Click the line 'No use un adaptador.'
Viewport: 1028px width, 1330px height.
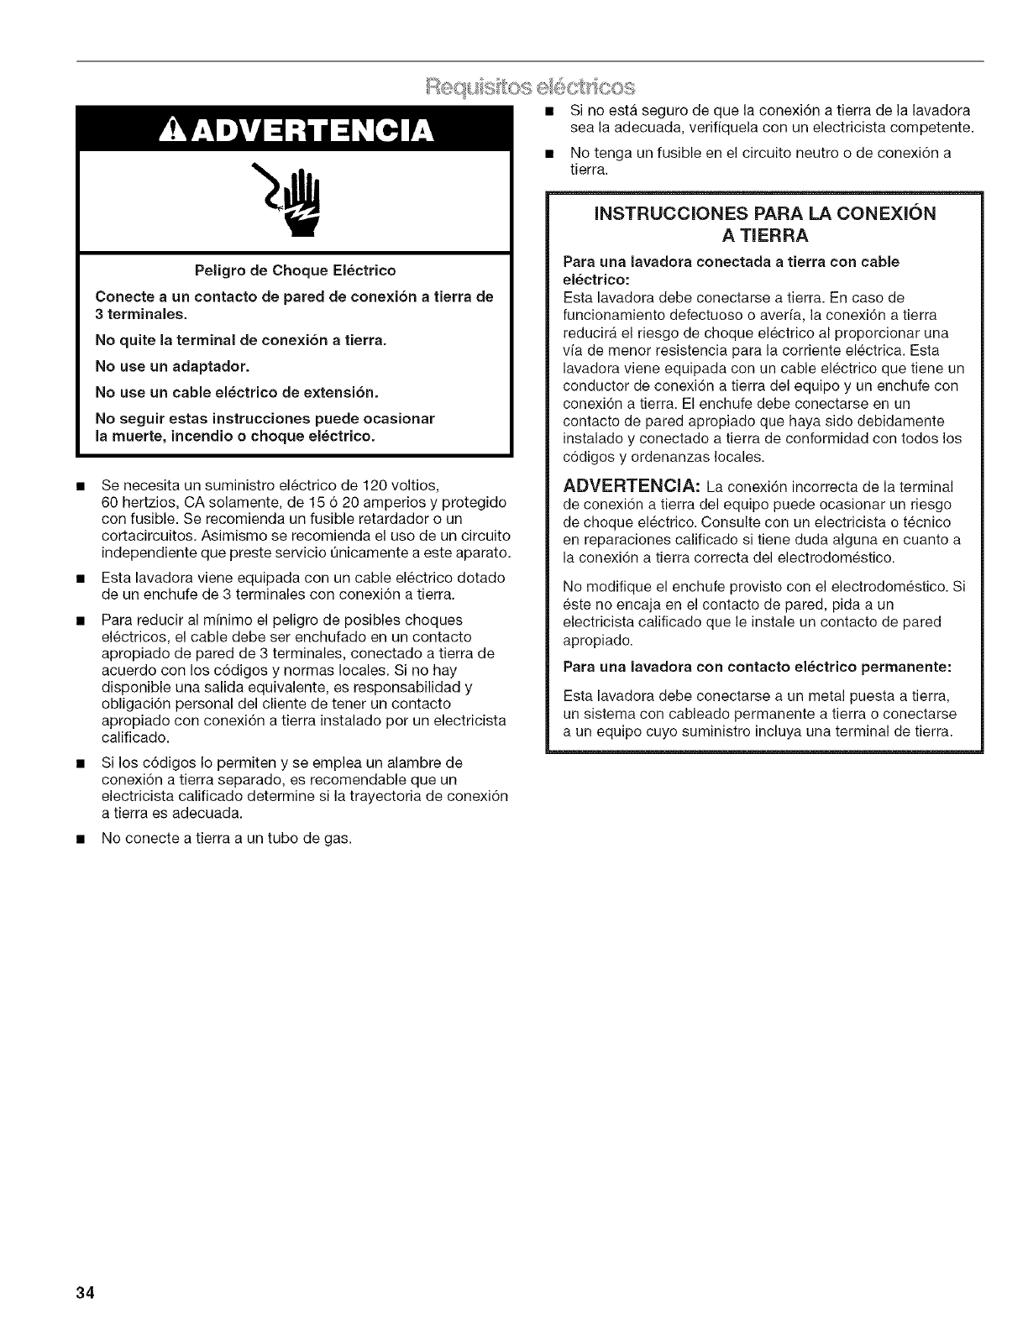[x=172, y=366]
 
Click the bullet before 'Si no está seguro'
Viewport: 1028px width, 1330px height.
[x=548, y=111]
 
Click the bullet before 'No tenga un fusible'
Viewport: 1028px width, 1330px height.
[x=548, y=154]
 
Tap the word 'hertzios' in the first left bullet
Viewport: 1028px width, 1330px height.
[x=141, y=502]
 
